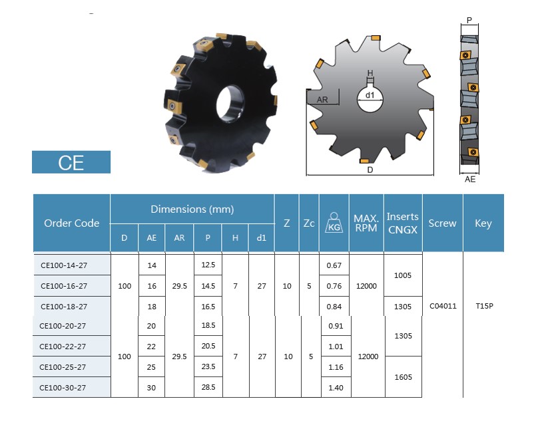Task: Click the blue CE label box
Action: pos(71,162)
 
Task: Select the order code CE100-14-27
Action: pos(64,265)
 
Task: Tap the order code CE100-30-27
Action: pos(63,388)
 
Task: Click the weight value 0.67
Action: pos(334,265)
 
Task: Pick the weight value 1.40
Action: pos(336,388)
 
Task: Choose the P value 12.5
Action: pos(208,265)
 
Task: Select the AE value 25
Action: pos(151,367)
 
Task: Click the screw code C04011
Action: pos(443,306)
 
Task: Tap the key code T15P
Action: pos(484,306)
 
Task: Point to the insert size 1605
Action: pos(404,377)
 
